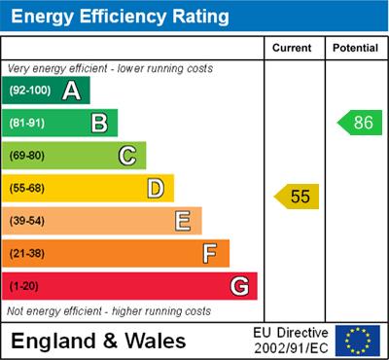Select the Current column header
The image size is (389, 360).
pos(293,48)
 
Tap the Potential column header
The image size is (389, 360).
pos(355,48)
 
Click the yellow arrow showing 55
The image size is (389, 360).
pos(297,197)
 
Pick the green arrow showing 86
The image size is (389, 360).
pos(358,123)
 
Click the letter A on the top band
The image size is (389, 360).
pos(71,90)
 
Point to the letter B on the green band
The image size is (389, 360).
pos(98,123)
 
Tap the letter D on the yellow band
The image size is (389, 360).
pos(155,188)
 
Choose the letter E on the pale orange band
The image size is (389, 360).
pos(182,221)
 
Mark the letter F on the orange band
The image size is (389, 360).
pos(210,254)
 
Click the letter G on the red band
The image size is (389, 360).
pos(238,287)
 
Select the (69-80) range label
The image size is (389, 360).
pos(28,156)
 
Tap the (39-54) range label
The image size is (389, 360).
pos(28,221)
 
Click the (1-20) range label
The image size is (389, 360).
pos(25,287)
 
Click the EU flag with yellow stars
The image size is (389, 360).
pos(357,341)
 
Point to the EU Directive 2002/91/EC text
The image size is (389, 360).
pos(291,341)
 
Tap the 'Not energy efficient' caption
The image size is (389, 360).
pos(109,311)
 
